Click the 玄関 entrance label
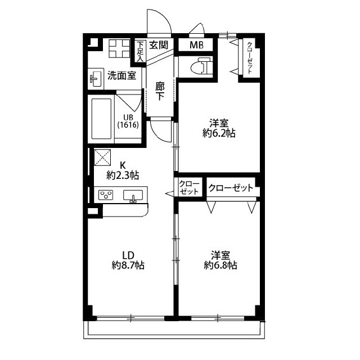[159, 45]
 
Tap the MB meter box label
[196, 45]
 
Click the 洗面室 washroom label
[121, 75]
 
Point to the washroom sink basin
[96, 79]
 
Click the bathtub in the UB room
[101, 119]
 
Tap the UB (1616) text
[128, 121]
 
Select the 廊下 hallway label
[160, 91]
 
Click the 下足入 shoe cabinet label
[140, 51]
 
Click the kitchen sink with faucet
[133, 196]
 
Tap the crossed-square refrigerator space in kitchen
[102, 157]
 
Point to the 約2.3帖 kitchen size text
[123, 176]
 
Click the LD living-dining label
[128, 255]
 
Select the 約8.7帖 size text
[128, 265]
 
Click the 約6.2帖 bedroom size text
[219, 133]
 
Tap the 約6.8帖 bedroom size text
[220, 265]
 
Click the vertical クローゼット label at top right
[250, 57]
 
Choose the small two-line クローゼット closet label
[189, 187]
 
